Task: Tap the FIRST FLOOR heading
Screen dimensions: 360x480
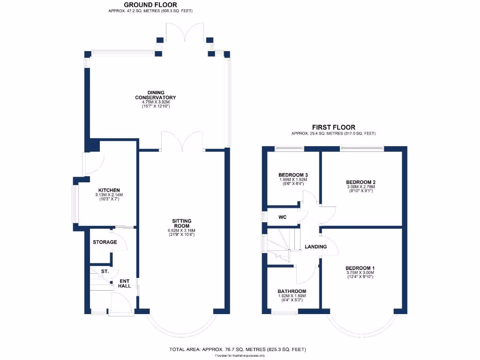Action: [x=333, y=127]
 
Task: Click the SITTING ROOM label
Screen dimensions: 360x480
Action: [x=182, y=223]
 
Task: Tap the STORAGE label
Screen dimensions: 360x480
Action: [x=105, y=242]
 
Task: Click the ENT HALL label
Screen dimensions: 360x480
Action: [x=125, y=283]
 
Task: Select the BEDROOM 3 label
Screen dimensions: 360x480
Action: [x=292, y=175]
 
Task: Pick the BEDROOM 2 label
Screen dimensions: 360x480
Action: [x=361, y=182]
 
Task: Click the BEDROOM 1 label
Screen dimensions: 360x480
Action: [x=360, y=268]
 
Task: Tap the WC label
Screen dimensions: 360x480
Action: [x=282, y=217]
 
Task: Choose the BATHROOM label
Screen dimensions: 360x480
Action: [x=292, y=291]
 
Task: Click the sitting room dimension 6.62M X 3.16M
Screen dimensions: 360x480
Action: [x=182, y=230]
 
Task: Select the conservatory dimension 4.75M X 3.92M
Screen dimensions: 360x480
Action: [x=155, y=102]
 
